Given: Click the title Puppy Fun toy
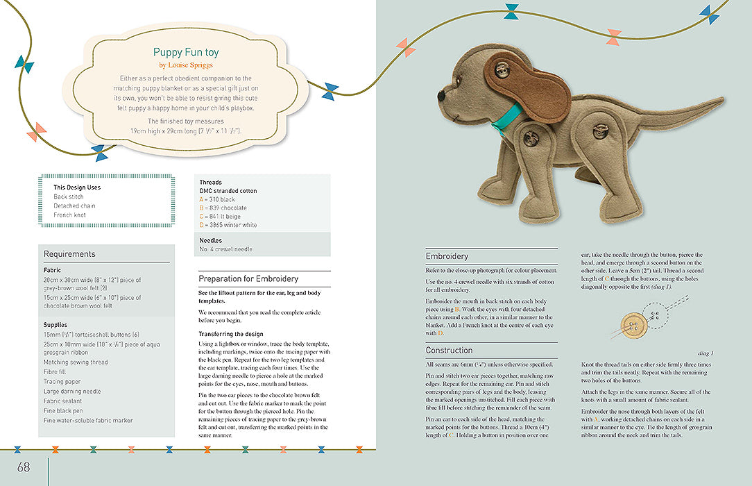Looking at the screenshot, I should [x=186, y=52].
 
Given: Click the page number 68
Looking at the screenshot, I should [x=24, y=467].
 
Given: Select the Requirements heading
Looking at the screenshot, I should [x=69, y=254].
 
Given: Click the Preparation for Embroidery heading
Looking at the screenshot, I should [x=248, y=278].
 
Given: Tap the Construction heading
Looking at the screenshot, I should [x=449, y=351].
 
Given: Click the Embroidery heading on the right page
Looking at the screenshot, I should [x=447, y=256].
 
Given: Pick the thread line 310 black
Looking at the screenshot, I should [x=217, y=199].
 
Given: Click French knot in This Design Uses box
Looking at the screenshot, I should [x=69, y=215].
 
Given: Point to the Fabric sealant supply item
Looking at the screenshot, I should [x=66, y=401].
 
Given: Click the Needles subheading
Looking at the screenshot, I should [x=212, y=240].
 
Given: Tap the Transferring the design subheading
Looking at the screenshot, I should [x=231, y=334].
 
